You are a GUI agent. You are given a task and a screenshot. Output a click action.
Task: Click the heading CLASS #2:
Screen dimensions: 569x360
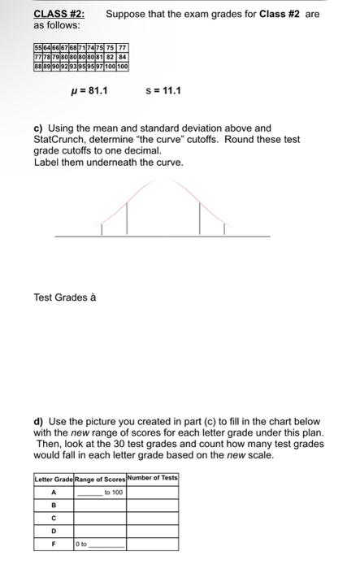pos(59,14)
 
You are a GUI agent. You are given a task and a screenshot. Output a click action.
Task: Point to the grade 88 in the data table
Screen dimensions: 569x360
pos(38,66)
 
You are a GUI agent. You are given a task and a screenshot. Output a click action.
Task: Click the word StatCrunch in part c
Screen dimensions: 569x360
pos(61,140)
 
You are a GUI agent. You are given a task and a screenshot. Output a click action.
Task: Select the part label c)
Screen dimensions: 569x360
pos(39,128)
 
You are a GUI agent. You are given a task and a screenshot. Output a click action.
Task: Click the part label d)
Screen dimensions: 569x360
pos(39,422)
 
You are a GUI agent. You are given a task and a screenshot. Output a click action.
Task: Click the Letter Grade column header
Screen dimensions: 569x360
pos(54,478)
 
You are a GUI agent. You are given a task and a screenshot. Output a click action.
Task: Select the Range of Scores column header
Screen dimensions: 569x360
pos(100,478)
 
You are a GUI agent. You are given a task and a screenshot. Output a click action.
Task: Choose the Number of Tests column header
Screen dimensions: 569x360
pos(152,478)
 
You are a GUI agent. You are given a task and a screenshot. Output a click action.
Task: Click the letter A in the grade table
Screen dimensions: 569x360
pos(54,492)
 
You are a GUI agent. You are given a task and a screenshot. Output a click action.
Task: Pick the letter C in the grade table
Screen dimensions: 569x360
pos(54,518)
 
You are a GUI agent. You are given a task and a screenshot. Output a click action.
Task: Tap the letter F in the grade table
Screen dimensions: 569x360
pos(54,545)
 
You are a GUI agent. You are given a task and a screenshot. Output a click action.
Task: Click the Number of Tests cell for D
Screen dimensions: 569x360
pos(152,532)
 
